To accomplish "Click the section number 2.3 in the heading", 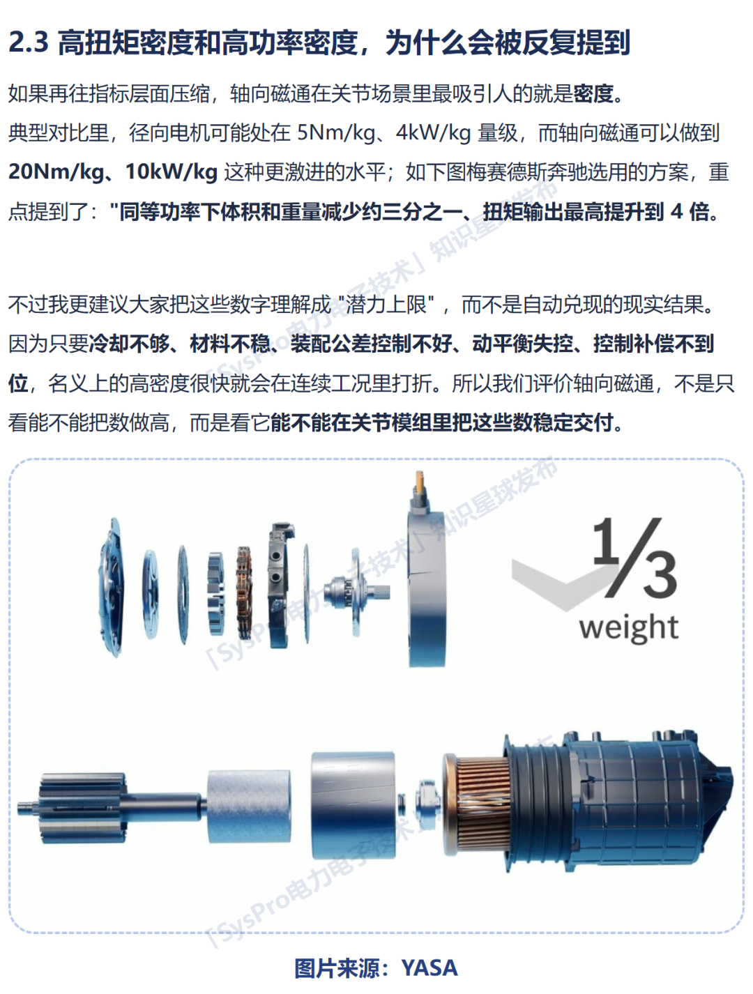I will coord(29,43).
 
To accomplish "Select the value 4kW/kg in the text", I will coord(433,132).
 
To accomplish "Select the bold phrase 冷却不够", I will coord(130,344).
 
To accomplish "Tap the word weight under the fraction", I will coord(628,627).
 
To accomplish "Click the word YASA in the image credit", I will coord(429,968).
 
